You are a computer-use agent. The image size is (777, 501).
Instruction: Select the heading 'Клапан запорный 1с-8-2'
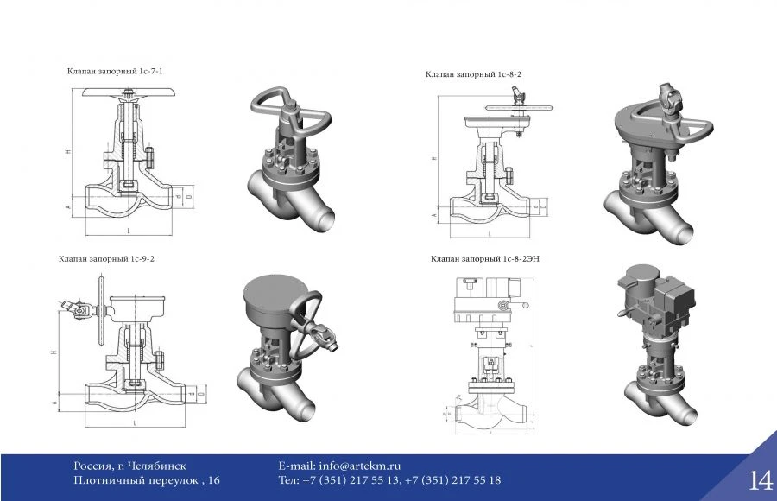(x=473, y=75)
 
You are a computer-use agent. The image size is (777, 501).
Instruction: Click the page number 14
(x=760, y=480)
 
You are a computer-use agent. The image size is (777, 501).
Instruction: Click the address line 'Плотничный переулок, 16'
(x=147, y=480)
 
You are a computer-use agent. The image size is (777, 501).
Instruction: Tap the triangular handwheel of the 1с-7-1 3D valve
(x=289, y=108)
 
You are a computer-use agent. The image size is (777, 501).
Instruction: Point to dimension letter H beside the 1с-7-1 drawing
(x=67, y=152)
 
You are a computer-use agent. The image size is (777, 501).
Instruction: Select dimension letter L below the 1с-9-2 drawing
(x=136, y=422)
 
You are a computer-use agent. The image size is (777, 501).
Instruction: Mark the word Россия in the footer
(x=93, y=466)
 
